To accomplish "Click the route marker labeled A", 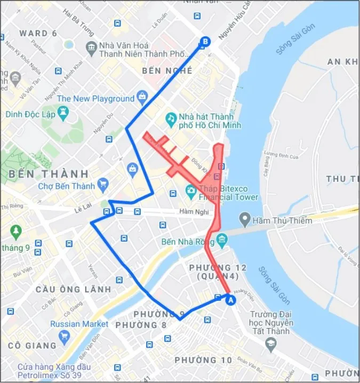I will (231, 300).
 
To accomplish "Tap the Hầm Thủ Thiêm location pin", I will (245, 218).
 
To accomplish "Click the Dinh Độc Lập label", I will (32, 114).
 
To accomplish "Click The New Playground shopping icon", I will (142, 97).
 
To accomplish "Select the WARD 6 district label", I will (38, 33).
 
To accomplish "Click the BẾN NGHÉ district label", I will (166, 70).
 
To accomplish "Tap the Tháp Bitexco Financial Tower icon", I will (190, 190).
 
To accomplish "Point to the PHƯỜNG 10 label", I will (203, 360).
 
